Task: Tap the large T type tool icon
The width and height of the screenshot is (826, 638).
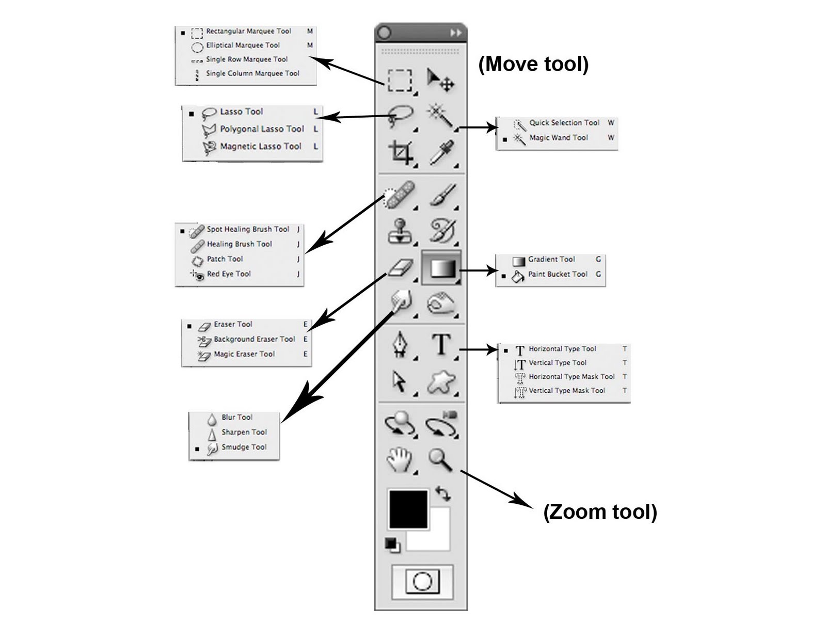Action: click(x=441, y=344)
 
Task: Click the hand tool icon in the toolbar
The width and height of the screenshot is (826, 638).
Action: click(x=400, y=458)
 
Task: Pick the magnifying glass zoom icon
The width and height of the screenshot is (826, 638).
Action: click(x=440, y=459)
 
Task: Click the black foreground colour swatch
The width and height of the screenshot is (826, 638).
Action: click(x=408, y=509)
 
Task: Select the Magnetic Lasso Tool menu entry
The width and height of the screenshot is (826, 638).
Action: click(x=260, y=147)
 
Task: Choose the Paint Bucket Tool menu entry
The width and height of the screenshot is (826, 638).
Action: click(x=558, y=275)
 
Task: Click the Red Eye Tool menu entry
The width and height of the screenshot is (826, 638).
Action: click(x=229, y=274)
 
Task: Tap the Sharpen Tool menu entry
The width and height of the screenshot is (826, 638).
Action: click(x=244, y=433)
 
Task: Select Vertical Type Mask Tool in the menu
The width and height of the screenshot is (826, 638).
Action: click(x=566, y=391)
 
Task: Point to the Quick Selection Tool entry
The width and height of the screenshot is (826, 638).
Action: click(x=564, y=123)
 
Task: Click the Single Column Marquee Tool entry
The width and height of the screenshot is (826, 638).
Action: click(x=252, y=73)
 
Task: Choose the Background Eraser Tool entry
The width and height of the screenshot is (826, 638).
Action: click(x=254, y=339)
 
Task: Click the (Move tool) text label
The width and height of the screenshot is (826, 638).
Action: click(x=533, y=64)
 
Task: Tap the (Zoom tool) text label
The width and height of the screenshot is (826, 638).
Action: click(x=600, y=512)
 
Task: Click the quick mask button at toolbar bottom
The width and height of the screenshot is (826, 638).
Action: click(x=422, y=582)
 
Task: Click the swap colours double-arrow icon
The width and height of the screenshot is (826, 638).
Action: click(x=443, y=493)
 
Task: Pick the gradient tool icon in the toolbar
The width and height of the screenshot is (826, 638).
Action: click(x=442, y=268)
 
